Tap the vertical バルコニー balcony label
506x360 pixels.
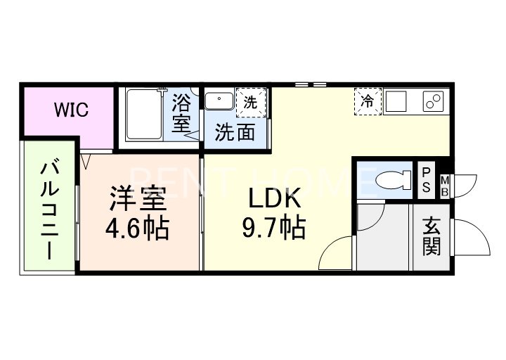click(49, 210)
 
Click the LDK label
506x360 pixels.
click(275, 200)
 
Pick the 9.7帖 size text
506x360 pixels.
click(274, 227)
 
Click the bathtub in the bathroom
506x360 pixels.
click(145, 115)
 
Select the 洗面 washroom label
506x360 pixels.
click(235, 132)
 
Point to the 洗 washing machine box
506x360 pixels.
click(251, 101)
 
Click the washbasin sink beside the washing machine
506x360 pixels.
click(219, 101)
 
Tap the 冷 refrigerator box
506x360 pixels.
click(367, 101)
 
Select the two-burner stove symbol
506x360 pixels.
click(432, 101)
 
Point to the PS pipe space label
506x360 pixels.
click(427, 181)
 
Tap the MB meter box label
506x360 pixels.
click(445, 186)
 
